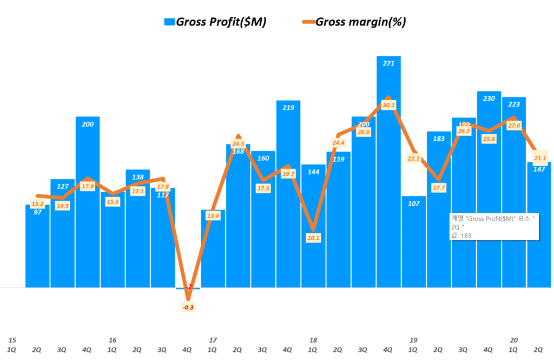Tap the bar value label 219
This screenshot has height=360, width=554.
coord(288,108)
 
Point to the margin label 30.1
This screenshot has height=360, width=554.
coord(388,105)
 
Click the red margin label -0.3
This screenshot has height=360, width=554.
coord(188,307)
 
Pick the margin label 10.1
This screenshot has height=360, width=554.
coord(314,237)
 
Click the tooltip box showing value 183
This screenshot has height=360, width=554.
coord(494,226)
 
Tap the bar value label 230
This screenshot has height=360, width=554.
coord(489,98)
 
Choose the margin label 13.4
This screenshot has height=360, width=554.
coord(213,216)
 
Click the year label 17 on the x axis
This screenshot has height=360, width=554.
coord(213,340)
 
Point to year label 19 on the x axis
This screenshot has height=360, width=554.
coord(414,340)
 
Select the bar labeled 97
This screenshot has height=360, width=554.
coord(37,246)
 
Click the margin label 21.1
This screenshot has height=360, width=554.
coord(539,158)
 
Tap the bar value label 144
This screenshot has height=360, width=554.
coord(314,172)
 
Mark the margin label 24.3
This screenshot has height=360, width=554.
coord(238,143)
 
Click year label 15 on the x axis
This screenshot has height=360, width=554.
coord(12,340)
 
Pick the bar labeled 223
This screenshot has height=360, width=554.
coord(514,195)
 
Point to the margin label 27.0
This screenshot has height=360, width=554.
coord(514,126)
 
